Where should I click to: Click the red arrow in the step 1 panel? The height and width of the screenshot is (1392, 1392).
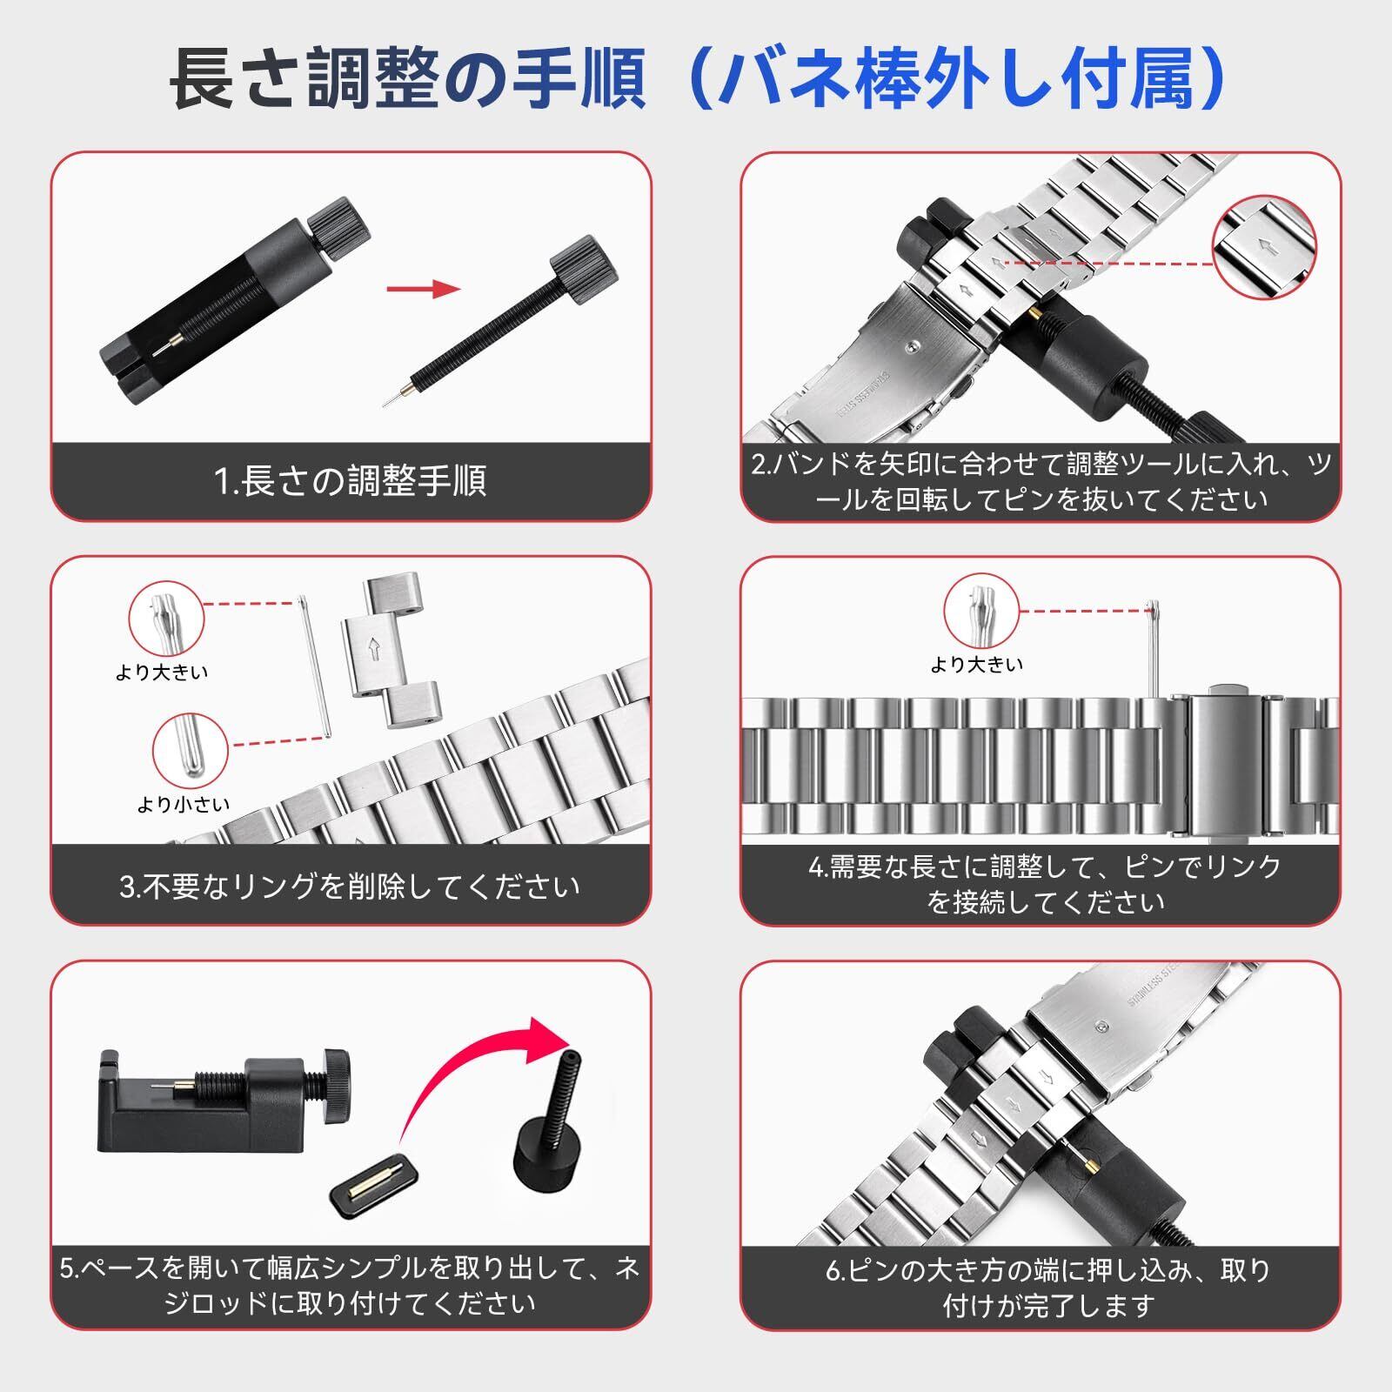point(424,290)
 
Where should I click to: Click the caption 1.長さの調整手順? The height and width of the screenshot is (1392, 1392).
point(350,481)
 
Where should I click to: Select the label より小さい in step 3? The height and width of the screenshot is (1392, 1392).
point(184,805)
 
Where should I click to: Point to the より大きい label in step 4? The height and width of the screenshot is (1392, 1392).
point(977,666)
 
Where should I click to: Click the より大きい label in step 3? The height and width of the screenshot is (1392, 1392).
point(162,673)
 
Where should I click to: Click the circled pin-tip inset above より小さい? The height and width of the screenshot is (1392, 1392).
point(191,749)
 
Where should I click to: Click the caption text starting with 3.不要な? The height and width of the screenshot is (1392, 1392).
point(350,887)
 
